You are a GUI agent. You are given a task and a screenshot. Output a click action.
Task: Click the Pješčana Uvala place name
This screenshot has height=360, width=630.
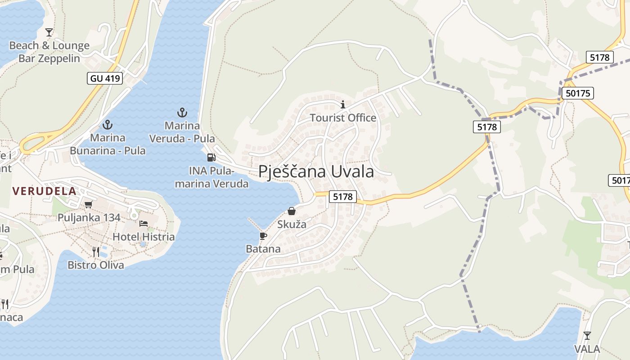pyautogui.click(x=316, y=171)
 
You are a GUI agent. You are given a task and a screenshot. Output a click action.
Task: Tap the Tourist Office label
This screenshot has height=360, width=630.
pyautogui.click(x=343, y=118)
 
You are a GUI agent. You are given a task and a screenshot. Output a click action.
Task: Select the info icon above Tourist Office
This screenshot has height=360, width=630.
pyautogui.click(x=343, y=105)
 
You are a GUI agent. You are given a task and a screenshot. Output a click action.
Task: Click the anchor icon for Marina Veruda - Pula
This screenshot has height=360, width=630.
pyautogui.click(x=182, y=112)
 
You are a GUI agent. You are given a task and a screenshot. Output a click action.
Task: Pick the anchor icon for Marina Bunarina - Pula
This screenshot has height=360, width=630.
pyautogui.click(x=107, y=124)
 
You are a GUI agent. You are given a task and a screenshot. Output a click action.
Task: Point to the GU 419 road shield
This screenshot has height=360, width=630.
pyautogui.click(x=105, y=78)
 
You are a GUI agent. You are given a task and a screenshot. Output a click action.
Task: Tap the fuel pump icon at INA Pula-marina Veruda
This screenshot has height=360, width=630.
pyautogui.click(x=211, y=157)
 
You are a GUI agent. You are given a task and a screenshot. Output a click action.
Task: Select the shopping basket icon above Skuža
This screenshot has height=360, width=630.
pyautogui.click(x=292, y=211)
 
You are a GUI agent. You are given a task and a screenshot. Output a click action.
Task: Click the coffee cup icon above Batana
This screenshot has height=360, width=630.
pyautogui.click(x=263, y=235)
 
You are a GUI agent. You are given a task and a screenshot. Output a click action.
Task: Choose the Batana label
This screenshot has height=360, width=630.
pyautogui.click(x=263, y=249)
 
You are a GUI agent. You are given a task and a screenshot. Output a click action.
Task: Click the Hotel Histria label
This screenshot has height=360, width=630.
pyautogui.click(x=144, y=237)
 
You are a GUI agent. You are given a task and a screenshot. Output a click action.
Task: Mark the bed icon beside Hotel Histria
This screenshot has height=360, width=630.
pyautogui.click(x=144, y=223)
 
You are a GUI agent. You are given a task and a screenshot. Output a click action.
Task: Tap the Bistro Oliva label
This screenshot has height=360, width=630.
pyautogui.click(x=96, y=265)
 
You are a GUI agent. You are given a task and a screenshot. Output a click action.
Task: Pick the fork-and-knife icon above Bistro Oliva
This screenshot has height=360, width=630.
pyautogui.click(x=96, y=252)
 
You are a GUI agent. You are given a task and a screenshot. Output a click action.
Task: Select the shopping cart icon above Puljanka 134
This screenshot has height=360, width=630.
pyautogui.click(x=89, y=204)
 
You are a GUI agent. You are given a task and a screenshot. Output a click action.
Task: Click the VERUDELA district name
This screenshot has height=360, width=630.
pyautogui.click(x=44, y=191)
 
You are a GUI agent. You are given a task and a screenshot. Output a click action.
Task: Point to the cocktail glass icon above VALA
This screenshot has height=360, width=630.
pyautogui.click(x=587, y=335)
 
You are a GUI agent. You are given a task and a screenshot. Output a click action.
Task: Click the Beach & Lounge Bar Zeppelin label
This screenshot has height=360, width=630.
pyautogui.click(x=49, y=52)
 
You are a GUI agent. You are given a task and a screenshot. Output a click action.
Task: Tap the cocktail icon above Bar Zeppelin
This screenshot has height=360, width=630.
pyautogui.click(x=49, y=32)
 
